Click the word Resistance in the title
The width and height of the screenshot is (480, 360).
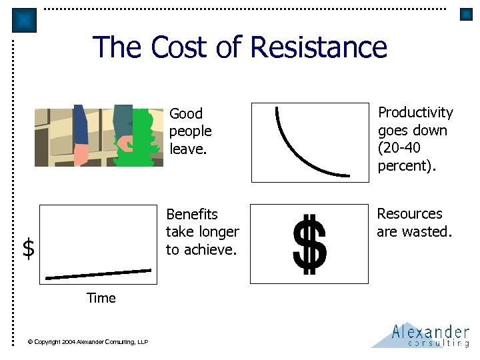click(x=319, y=47)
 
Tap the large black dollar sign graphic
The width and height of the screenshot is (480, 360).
click(x=310, y=244)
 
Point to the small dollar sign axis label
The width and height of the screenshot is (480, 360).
click(x=28, y=248)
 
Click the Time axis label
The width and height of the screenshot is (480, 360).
click(x=101, y=298)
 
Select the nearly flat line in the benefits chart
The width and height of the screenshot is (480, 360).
click(x=98, y=273)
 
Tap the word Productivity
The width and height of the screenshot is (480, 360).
click(x=415, y=113)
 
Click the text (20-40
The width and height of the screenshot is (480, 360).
click(x=399, y=148)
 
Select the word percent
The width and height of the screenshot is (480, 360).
click(x=403, y=166)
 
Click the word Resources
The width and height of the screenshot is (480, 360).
click(x=409, y=214)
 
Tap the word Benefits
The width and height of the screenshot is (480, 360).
click(x=192, y=215)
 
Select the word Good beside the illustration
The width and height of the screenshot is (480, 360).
click(x=186, y=114)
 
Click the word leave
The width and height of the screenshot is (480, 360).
click(x=189, y=149)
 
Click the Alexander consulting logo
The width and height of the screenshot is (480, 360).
click(x=421, y=335)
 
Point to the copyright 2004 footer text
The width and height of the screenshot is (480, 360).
click(x=88, y=342)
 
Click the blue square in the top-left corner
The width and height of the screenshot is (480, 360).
click(x=25, y=20)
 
